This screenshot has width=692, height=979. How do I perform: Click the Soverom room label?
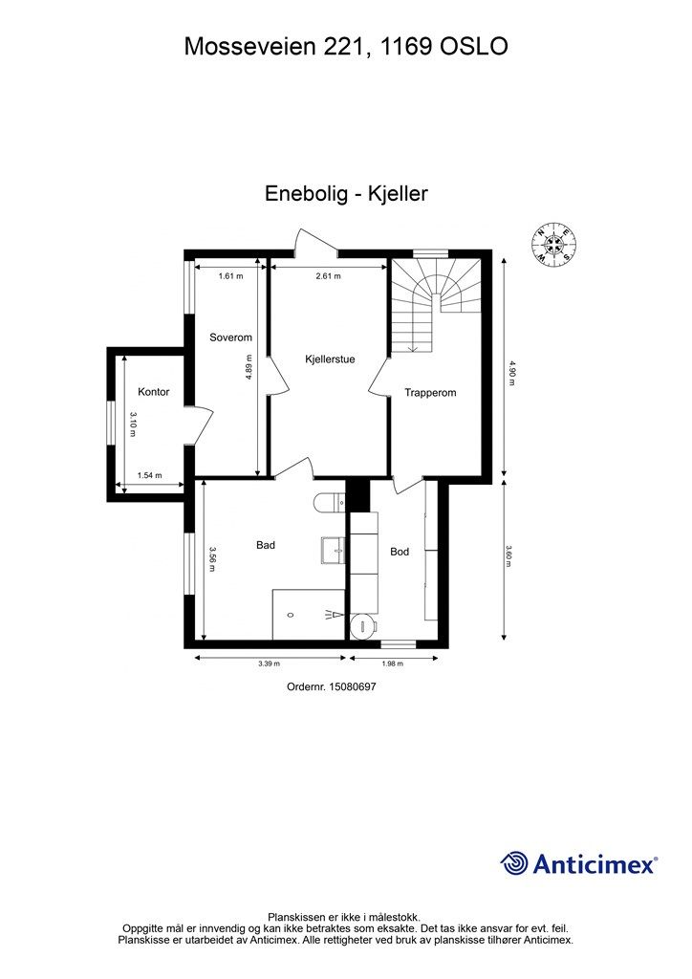coord(230,337)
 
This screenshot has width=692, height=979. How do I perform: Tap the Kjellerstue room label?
coord(330,359)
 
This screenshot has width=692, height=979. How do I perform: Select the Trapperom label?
coord(429,392)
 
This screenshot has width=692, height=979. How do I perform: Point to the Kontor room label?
coord(153,392)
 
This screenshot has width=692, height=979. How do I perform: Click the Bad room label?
coord(266,545)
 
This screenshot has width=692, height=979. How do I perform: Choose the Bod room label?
coord(400,552)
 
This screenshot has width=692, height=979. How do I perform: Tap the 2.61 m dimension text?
coord(329,276)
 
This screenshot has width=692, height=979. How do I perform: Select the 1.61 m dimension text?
coord(230,276)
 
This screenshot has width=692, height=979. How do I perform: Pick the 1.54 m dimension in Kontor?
coord(150,475)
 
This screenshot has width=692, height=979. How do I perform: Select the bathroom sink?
coord(335,549)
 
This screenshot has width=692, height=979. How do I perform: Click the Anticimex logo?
coord(579,863)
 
